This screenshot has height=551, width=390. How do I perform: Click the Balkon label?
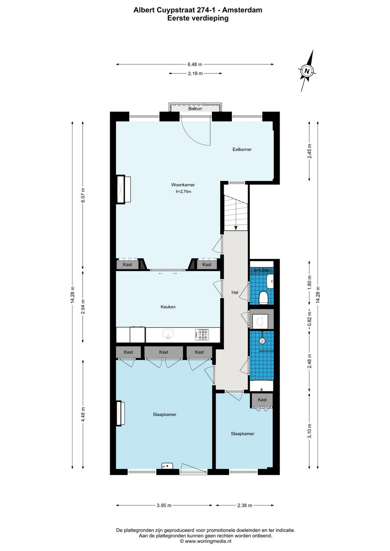(195, 108)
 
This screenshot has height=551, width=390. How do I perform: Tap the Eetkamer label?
(242, 149)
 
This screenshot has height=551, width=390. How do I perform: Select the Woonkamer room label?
(183, 185)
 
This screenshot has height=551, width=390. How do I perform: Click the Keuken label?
(168, 307)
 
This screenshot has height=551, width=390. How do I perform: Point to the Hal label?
(235, 292)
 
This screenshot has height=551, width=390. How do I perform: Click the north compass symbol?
(307, 71)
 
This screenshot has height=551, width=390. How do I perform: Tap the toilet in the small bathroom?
(264, 298)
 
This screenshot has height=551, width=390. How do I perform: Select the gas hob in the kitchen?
(202, 334)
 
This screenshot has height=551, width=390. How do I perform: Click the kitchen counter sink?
(168, 334)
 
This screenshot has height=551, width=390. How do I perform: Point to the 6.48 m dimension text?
(195, 64)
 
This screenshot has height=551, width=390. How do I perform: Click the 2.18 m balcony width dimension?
(195, 73)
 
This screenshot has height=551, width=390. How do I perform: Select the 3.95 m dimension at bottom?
(164, 506)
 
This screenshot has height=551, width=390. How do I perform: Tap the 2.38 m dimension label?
(244, 506)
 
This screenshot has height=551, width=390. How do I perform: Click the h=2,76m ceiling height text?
(183, 192)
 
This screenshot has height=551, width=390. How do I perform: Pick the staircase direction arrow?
(236, 227)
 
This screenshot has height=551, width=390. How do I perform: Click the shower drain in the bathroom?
(262, 340)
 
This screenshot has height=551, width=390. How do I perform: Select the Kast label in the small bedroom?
(262, 400)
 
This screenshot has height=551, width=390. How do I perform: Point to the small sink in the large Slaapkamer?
(167, 466)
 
